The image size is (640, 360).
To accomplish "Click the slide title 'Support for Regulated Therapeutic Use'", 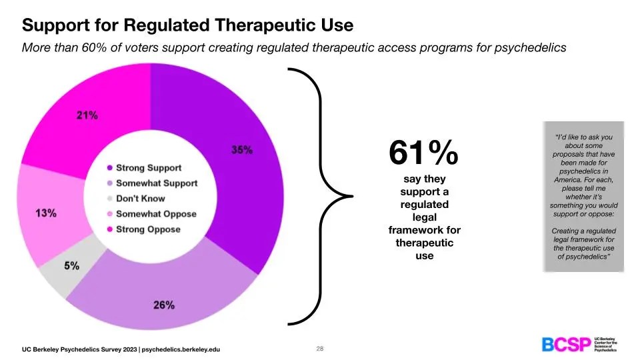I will click(187, 25).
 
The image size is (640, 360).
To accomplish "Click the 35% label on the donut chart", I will click(241, 150).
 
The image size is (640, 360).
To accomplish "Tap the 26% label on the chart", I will click(164, 305).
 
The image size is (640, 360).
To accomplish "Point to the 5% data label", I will click(71, 265).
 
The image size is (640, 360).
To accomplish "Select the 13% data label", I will click(45, 213).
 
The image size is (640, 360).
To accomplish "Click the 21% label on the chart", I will click(87, 115).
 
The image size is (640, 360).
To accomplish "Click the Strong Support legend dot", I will click(109, 168).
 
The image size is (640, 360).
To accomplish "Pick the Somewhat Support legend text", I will click(157, 183).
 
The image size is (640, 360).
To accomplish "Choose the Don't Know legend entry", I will click(140, 199).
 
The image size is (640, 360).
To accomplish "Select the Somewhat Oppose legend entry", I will click(156, 214).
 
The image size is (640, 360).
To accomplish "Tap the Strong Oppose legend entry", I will click(148, 229).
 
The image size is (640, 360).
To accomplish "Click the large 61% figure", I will click(424, 154).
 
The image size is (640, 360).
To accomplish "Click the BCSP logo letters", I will click(565, 345).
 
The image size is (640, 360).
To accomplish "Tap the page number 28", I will click(319, 349).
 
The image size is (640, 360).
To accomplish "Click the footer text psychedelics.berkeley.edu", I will click(181, 349).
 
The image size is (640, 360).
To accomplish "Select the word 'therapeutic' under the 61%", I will click(424, 243).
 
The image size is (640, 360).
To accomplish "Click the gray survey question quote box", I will click(583, 196).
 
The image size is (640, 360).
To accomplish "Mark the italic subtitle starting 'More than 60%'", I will click(294, 48).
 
